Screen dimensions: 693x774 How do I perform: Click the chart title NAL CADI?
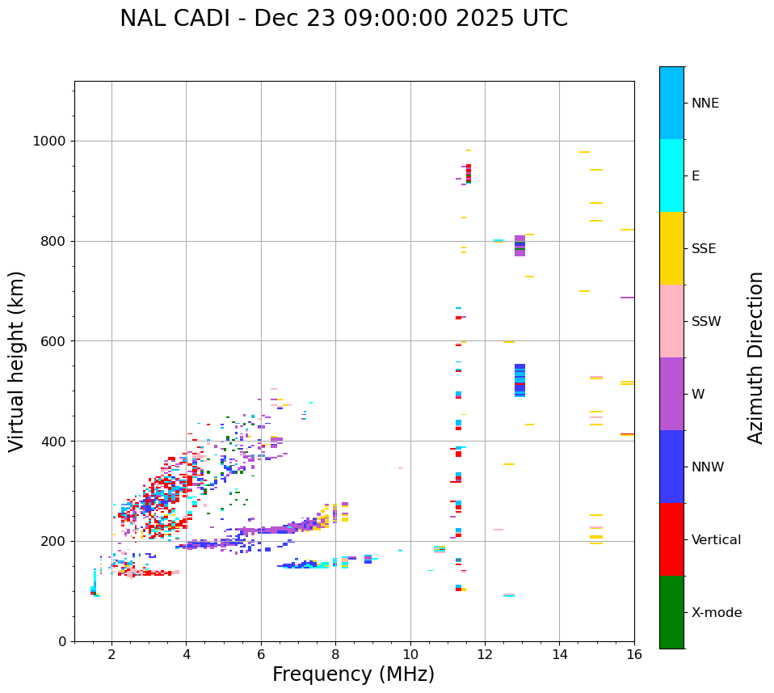[343, 19]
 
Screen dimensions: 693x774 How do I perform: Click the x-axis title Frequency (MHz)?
[353, 674]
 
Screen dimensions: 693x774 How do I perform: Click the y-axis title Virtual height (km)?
[17, 361]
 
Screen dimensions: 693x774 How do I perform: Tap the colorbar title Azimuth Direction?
[755, 357]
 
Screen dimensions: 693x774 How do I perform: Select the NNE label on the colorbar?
[705, 104]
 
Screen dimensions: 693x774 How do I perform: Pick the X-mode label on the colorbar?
[717, 613]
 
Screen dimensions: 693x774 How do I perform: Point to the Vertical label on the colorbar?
[716, 540]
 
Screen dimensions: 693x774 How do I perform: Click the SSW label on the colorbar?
[706, 322]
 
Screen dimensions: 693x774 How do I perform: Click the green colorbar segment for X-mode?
[671, 612]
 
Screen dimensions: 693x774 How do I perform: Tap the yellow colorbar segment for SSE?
[671, 248]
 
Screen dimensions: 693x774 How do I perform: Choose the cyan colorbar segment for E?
[671, 175]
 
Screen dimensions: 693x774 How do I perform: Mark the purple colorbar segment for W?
[671, 394]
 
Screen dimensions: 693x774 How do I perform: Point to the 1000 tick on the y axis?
[53, 141]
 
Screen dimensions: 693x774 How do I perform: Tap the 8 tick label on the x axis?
[335, 654]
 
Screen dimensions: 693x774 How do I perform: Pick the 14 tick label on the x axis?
[559, 654]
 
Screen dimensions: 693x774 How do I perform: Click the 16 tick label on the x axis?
[634, 654]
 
